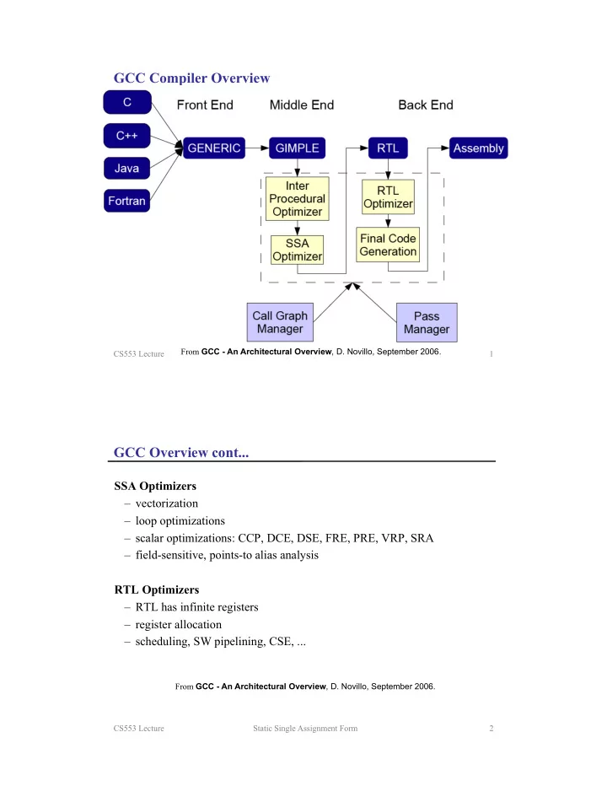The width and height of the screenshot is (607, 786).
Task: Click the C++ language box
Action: coord(126,136)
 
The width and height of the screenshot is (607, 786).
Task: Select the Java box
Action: coord(126,169)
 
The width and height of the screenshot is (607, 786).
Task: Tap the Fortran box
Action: coord(126,201)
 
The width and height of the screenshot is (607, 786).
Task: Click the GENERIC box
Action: coord(214,148)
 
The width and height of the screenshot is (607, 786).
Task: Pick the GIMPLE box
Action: coord(298,148)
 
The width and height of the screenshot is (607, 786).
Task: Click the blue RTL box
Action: coord(388,148)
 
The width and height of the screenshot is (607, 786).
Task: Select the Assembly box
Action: coord(479,148)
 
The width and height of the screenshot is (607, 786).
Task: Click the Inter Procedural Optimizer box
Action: coord(298,198)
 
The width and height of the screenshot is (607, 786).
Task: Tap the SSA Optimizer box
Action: coord(298,250)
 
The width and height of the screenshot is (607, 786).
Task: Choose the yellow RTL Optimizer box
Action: coord(388,197)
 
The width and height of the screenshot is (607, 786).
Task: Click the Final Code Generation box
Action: coord(388,245)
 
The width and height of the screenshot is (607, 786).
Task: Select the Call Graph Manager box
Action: coord(280,322)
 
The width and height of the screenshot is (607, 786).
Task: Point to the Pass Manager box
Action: coord(427,322)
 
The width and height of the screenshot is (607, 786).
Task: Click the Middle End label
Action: coord(302,105)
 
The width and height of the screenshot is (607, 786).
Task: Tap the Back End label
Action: coord(426,105)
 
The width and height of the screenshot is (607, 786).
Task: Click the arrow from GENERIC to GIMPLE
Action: coord(257,148)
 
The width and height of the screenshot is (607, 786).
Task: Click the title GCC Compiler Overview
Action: coord(192,78)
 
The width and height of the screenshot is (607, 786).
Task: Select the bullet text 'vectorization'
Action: coord(167,503)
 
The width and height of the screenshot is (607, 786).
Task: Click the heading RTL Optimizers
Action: coord(157,589)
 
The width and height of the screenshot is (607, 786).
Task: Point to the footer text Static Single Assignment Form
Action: coord(305,729)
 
